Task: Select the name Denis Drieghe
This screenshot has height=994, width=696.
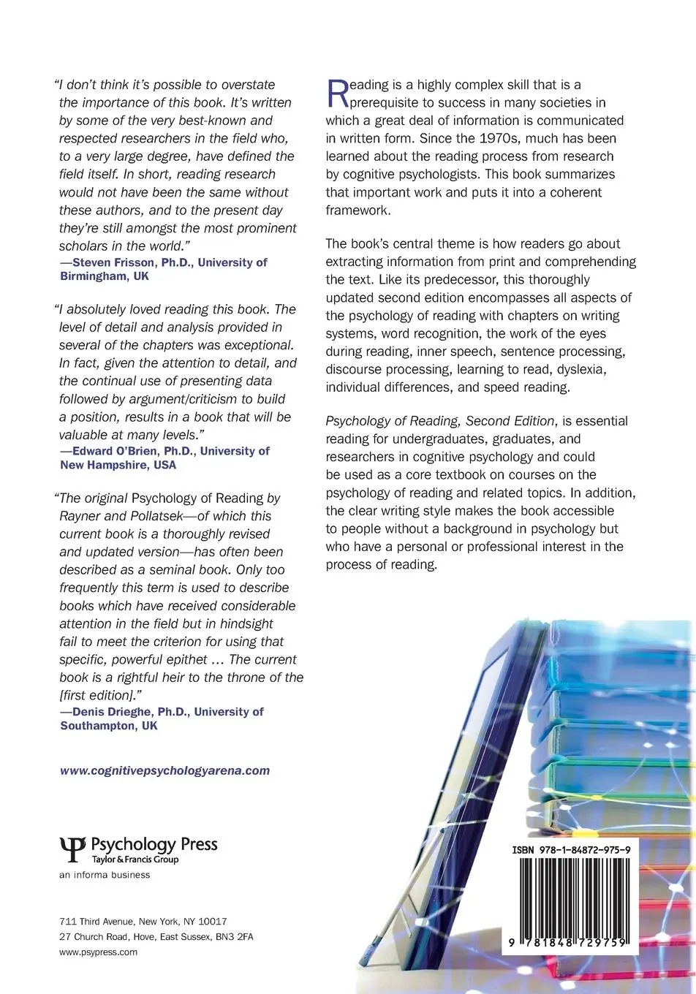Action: pyautogui.click(x=110, y=711)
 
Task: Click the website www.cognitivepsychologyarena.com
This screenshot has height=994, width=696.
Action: pyautogui.click(x=164, y=770)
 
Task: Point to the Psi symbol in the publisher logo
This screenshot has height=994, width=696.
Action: pyautogui.click(x=72, y=849)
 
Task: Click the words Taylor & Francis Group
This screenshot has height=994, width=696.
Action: pyautogui.click(x=135, y=860)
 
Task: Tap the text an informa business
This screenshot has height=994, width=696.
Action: pyautogui.click(x=105, y=875)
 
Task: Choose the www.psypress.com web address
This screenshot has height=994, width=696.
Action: pyautogui.click(x=98, y=952)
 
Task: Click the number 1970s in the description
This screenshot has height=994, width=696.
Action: pyautogui.click(x=477, y=138)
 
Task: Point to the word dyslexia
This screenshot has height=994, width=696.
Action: pyautogui.click(x=580, y=369)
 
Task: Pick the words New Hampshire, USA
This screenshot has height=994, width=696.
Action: pyautogui.click(x=118, y=465)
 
